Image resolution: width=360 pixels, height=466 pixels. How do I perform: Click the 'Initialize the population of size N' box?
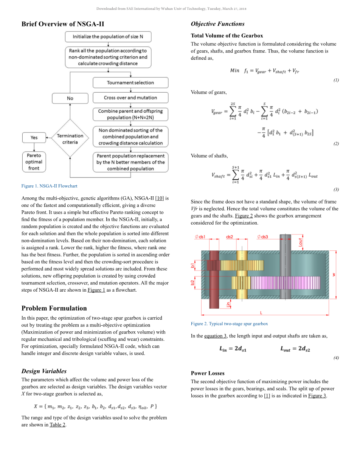pyautogui.click(x=108, y=37)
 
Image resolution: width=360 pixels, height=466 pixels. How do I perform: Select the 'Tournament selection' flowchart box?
pyautogui.click(x=130, y=82)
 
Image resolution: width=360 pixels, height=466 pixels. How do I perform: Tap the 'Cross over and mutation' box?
pyautogui.click(x=130, y=98)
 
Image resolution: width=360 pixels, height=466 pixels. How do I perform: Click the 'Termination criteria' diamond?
pyautogui.click(x=70, y=139)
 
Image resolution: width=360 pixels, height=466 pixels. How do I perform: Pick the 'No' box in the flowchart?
pyautogui.click(x=70, y=98)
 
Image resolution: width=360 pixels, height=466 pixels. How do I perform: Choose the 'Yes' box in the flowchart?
pyautogui.click(x=34, y=138)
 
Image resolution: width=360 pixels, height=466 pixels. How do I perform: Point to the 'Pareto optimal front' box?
pyautogui.click(x=34, y=162)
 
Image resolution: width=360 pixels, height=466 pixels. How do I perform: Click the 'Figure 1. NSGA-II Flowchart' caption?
pyautogui.click(x=49, y=186)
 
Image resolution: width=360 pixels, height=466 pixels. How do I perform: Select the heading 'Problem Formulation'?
pyautogui.click(x=54, y=308)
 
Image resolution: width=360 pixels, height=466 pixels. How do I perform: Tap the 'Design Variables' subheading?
pyautogui.click(x=44, y=371)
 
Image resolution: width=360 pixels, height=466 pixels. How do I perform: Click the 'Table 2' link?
pyautogui.click(x=57, y=425)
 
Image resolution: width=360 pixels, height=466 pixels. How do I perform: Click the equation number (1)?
pyautogui.click(x=336, y=80)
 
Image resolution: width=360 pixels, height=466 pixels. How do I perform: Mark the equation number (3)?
pyautogui.click(x=336, y=190)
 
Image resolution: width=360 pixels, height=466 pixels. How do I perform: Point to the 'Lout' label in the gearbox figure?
pyautogui.click(x=301, y=242)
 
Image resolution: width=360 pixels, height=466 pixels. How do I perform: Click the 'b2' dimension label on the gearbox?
pyautogui.click(x=193, y=283)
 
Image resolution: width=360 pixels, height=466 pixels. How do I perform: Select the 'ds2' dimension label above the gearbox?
pyautogui.click(x=230, y=237)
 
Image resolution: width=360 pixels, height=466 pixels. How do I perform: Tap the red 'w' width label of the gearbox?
pyautogui.click(x=334, y=275)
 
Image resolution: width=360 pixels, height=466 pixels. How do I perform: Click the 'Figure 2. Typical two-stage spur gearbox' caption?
pyautogui.click(x=229, y=324)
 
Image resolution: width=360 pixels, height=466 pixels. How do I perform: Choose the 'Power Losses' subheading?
pyautogui.click(x=208, y=373)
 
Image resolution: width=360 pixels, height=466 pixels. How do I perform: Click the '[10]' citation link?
pyautogui.click(x=159, y=198)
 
